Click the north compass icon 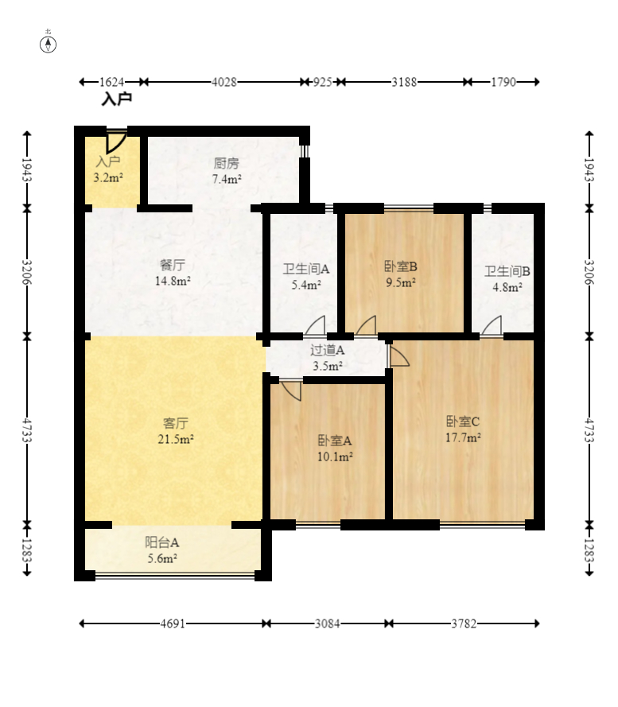(x=49, y=43)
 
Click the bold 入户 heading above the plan (x=116, y=99)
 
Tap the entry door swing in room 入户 (x=116, y=142)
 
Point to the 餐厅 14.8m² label (x=173, y=273)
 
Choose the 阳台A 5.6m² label (x=161, y=550)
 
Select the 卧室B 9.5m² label (x=401, y=274)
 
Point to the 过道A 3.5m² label (x=327, y=358)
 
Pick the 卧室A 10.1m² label (x=335, y=449)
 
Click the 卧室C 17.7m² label (x=462, y=429)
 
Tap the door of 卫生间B (x=492, y=325)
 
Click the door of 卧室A (x=291, y=390)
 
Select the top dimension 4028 (x=223, y=82)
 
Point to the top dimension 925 (x=322, y=82)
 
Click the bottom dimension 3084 (x=326, y=624)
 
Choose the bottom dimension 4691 (x=172, y=624)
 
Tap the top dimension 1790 (x=503, y=82)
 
